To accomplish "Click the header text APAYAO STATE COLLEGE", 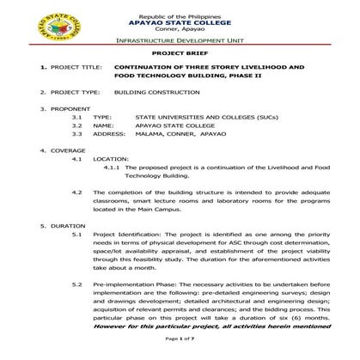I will pyautogui.click(x=180, y=16).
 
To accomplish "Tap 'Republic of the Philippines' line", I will pyautogui.click(x=180, y=8).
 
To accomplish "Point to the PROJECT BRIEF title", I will pyautogui.click(x=180, y=52).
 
